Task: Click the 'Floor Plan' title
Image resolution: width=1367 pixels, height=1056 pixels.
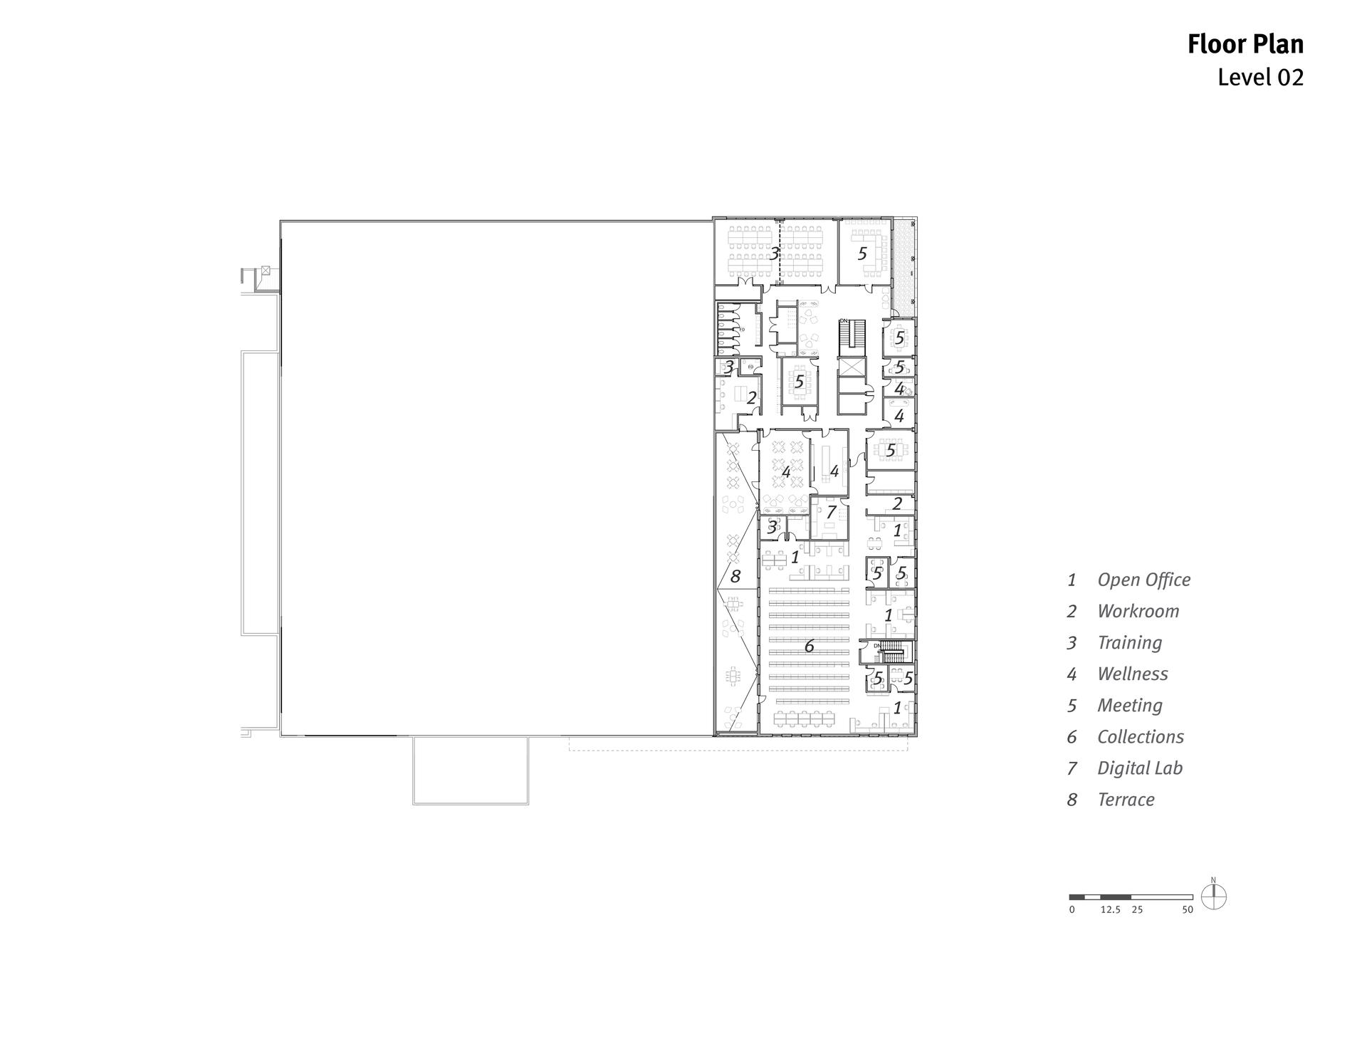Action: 1245,44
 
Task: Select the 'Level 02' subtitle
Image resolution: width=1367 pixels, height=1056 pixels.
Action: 1260,77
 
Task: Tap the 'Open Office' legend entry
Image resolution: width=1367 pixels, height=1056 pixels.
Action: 1143,580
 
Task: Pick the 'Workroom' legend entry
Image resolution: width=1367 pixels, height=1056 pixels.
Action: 1138,611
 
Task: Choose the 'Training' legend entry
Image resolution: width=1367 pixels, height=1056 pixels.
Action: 1129,642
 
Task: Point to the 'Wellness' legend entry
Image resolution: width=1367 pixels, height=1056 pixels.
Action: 1132,674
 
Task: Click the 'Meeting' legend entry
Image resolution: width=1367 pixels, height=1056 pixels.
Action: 1129,705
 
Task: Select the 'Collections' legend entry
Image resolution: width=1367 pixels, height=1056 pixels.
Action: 1140,736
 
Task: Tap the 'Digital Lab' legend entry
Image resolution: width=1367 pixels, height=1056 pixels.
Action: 1139,768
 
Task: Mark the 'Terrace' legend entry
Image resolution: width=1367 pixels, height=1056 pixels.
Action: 1126,799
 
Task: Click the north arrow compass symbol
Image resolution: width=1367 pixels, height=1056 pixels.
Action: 1214,896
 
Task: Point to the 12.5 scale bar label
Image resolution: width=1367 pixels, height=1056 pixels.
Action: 1110,909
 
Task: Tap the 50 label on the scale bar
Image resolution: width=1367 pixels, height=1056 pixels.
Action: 1187,909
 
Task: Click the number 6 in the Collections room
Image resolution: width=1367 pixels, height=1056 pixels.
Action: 809,646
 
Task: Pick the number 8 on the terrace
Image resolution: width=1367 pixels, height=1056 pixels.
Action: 735,576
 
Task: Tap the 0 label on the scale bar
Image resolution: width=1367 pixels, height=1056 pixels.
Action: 1072,909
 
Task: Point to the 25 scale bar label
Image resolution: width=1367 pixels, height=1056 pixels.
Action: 1137,909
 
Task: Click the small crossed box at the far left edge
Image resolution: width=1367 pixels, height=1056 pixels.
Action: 266,270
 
